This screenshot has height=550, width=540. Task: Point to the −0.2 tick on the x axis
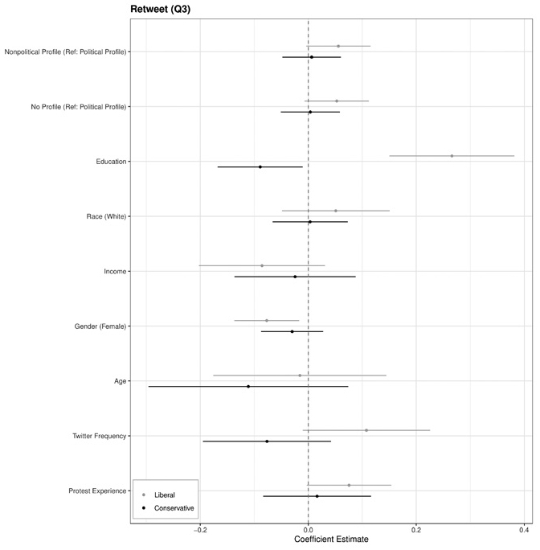201,529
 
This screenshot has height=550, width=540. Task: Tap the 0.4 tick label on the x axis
524,529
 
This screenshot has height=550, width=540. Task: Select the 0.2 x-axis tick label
416,529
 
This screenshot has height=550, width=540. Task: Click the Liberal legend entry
164,495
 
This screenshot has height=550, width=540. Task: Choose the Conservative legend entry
174,508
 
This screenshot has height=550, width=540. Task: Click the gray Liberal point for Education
452,156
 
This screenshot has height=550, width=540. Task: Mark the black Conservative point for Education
260,167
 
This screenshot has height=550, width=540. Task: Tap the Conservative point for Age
248,387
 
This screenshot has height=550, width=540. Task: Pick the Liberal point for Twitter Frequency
366,430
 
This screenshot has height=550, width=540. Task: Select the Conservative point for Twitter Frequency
267,441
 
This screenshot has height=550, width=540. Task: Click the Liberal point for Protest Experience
349,485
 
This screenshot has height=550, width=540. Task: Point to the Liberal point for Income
262,265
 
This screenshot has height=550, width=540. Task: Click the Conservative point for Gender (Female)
292,331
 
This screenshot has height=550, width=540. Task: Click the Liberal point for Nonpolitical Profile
338,46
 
